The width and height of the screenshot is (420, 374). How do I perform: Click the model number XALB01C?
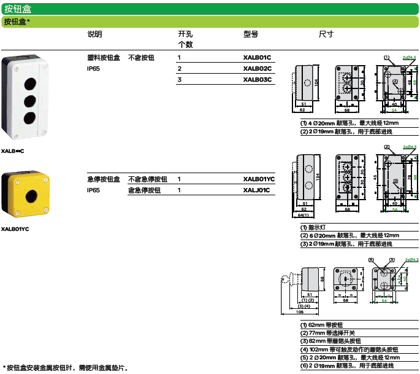coord(257,57)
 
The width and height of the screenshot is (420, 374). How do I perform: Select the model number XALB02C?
coord(257,68)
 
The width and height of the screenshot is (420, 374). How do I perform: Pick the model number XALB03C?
coord(257,79)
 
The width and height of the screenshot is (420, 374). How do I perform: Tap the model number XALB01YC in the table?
coord(259,179)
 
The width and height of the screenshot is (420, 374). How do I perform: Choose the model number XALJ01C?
coord(256,190)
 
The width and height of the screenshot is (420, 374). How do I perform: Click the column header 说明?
coord(95,34)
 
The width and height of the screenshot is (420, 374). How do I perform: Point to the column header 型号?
coord(251,34)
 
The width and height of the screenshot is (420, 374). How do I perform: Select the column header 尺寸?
coord(326,34)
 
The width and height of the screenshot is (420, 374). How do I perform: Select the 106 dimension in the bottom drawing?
coord(299,312)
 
